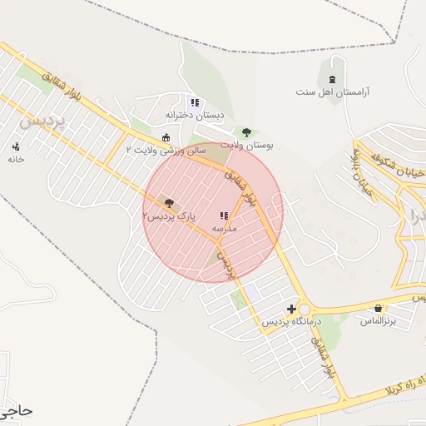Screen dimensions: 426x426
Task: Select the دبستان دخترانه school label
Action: [195, 115]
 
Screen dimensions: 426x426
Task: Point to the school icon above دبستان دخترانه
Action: [195, 102]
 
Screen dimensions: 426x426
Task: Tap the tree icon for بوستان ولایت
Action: [245, 131]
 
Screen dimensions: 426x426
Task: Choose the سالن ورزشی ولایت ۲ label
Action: [166, 150]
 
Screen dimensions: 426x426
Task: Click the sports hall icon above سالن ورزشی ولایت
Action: [166, 137]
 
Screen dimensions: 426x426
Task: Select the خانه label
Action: [16, 159]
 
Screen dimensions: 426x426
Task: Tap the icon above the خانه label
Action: [16, 146]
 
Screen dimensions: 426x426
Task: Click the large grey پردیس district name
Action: [41, 121]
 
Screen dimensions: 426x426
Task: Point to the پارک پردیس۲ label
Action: [169, 215]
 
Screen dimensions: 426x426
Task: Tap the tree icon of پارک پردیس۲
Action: [170, 202]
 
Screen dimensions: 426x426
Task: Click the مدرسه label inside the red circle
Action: [225, 227]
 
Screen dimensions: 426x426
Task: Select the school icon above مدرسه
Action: [224, 215]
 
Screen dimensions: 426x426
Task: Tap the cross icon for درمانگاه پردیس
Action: [290, 309]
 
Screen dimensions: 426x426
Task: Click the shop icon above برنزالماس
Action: [379, 308]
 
